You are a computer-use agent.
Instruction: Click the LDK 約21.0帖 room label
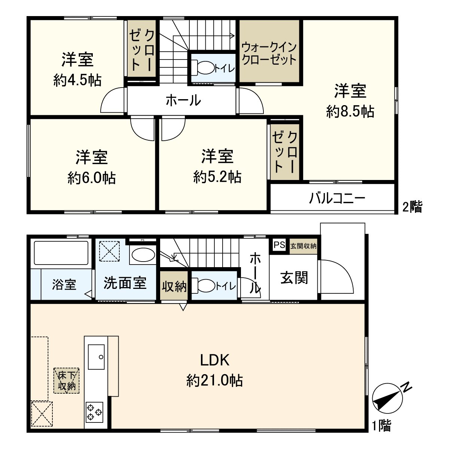coord(214,370)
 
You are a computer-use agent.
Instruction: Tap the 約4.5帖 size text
coord(77,80)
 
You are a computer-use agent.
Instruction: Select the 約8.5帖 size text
coord(350,111)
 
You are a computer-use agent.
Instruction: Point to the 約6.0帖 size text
coord(91,178)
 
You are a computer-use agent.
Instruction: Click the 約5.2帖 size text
coord(217,177)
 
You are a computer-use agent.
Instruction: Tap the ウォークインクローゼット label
coord(269,54)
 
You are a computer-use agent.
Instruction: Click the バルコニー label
coord(337,198)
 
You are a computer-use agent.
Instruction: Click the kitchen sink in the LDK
coord(96,357)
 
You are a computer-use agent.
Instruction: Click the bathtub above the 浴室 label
coord(61,253)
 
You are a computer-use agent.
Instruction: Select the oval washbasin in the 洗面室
coord(143,255)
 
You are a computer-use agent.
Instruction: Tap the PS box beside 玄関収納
coord(279,245)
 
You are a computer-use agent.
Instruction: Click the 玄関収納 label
coord(303,246)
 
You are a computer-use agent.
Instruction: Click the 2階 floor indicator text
coord(412,207)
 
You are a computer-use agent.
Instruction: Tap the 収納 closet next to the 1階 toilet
coord(174,287)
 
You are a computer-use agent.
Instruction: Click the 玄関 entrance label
coord(294,278)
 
